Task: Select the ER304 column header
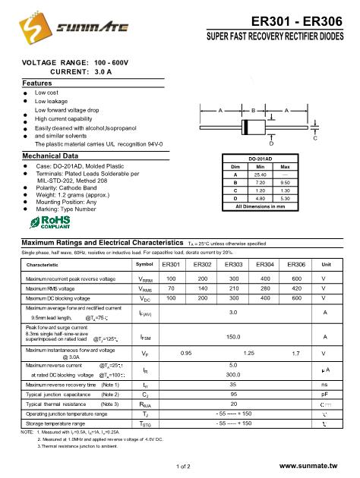pos(265,264)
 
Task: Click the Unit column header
pos(327,264)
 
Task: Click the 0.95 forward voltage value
pos(185,353)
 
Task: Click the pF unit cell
pos(326,395)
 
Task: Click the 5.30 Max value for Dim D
pos(286,199)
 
